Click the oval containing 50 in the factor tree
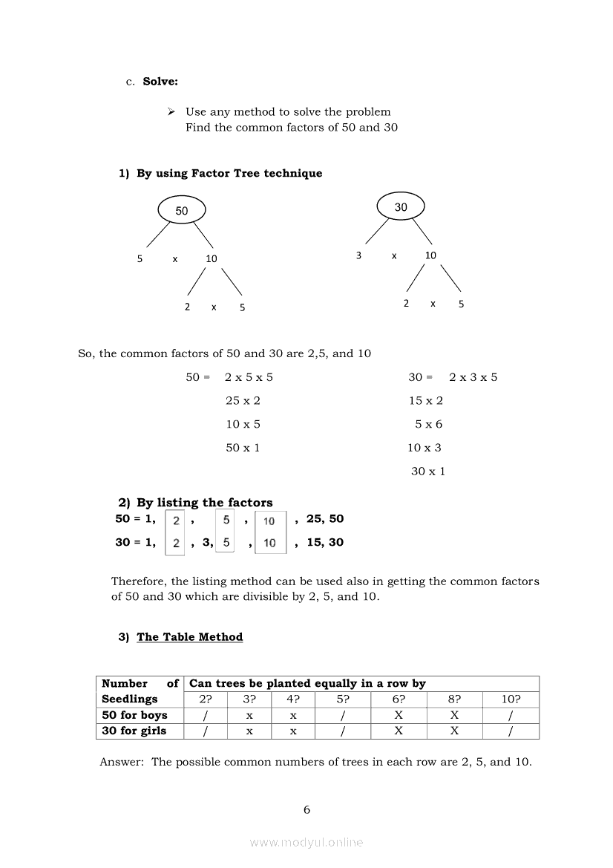tap(182, 210)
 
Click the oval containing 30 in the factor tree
tap(401, 207)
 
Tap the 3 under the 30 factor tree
tap(358, 255)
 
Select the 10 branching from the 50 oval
tap(212, 258)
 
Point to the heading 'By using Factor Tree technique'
tap(229, 173)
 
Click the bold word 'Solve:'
tap(160, 82)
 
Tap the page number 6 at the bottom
tap(306, 809)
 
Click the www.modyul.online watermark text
tap(306, 842)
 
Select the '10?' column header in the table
tap(510, 699)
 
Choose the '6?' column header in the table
tap(399, 699)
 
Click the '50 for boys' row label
tap(134, 715)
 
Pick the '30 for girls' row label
tap(134, 731)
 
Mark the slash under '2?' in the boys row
tap(206, 715)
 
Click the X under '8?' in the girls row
tap(454, 731)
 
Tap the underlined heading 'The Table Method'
tap(189, 636)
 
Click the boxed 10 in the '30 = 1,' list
tap(269, 543)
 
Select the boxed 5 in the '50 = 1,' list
tap(226, 520)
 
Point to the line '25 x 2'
tap(243, 400)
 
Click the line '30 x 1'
tap(428, 471)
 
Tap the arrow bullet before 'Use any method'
tap(171, 111)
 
